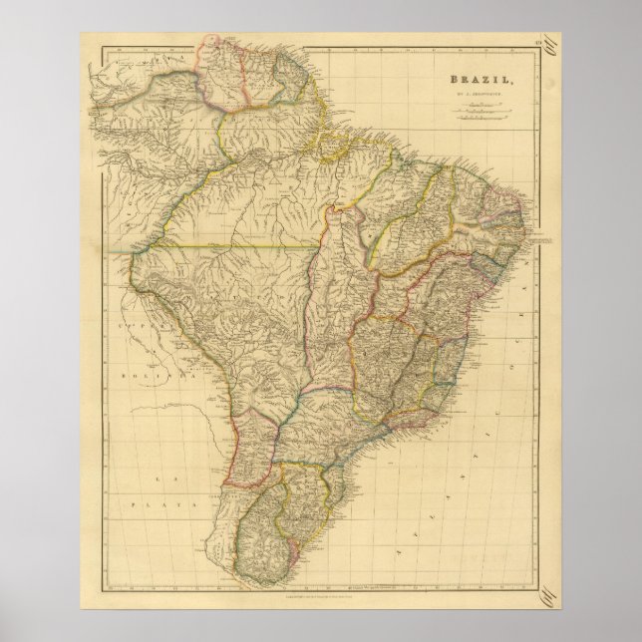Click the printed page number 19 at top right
[x=533, y=43]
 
